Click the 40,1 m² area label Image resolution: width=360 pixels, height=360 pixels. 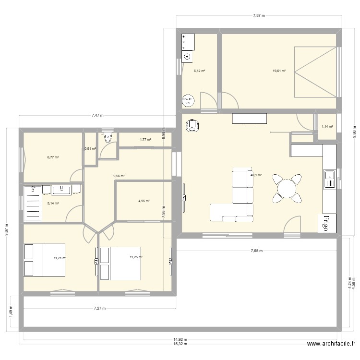pos(256,175)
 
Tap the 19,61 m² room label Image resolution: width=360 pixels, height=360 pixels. pos(279,71)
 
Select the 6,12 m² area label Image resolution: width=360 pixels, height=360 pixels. pos(199,71)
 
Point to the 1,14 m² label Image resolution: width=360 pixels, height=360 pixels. pos(327,127)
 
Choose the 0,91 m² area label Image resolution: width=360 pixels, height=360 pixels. pos(90,149)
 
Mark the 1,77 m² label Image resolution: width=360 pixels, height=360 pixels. pos(145,140)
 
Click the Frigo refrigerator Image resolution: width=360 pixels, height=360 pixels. pos(328,223)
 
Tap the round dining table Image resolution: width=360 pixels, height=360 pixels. pos(287,187)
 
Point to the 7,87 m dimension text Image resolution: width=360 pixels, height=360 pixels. pos(259,15)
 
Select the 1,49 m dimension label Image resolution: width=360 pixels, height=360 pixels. pos(11,314)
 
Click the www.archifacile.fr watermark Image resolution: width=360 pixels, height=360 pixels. pos(331,344)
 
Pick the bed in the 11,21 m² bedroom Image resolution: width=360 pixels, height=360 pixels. pos(44,260)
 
